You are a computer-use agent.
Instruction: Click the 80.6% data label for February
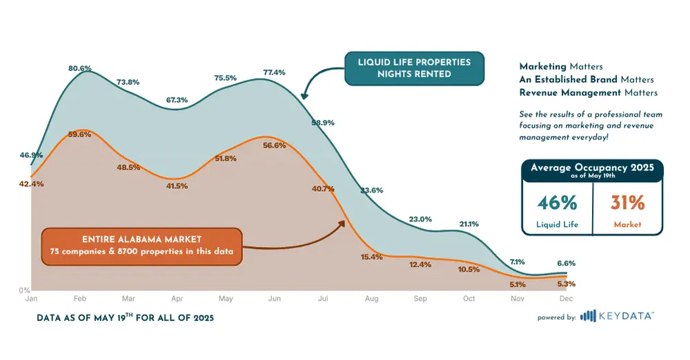pyautogui.click(x=80, y=68)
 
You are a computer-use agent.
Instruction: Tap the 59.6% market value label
pyautogui.click(x=80, y=134)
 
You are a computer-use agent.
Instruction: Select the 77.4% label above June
pyautogui.click(x=274, y=72)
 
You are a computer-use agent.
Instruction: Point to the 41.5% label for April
pyautogui.click(x=177, y=186)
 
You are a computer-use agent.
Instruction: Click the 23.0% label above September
pyautogui.click(x=420, y=219)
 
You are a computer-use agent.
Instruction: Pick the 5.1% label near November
pyautogui.click(x=517, y=284)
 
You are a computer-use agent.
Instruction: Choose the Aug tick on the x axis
pyautogui.click(x=371, y=299)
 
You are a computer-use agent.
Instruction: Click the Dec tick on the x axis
pyautogui.click(x=565, y=299)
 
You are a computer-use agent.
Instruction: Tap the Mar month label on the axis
pyautogui.click(x=128, y=299)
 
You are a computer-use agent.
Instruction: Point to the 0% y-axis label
pyautogui.click(x=24, y=290)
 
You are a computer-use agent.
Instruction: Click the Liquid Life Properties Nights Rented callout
pyautogui.click(x=414, y=68)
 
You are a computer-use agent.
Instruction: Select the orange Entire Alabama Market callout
pyautogui.click(x=141, y=246)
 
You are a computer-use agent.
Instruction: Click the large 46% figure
pyautogui.click(x=557, y=203)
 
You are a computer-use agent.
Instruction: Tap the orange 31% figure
pyautogui.click(x=627, y=203)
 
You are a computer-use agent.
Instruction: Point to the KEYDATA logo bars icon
pyautogui.click(x=588, y=317)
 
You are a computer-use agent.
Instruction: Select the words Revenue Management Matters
pyautogui.click(x=589, y=92)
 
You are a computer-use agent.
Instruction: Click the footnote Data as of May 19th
pyautogui.click(x=125, y=318)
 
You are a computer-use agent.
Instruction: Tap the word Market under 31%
pyautogui.click(x=627, y=224)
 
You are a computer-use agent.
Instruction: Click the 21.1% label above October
pyautogui.click(x=469, y=224)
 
